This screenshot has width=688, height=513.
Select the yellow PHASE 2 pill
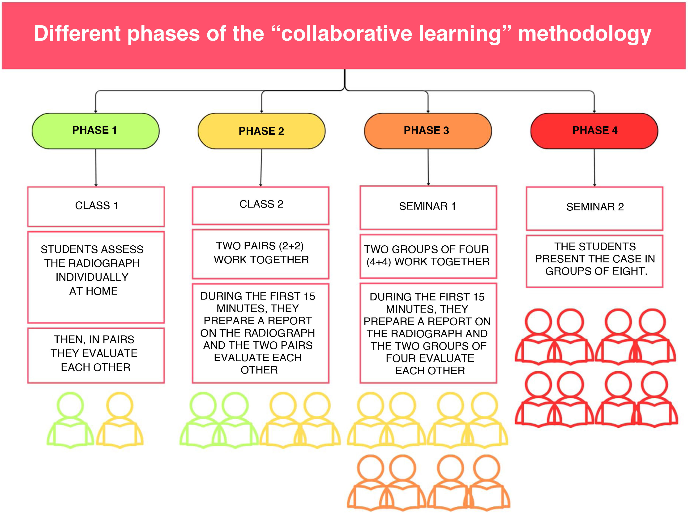point(261,131)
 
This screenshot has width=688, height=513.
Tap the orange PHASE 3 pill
point(427,131)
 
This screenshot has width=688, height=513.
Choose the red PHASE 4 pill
point(594,131)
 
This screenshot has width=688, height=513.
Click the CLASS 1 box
point(96,206)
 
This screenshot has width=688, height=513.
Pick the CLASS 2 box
point(261,205)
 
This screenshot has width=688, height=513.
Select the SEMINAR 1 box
point(428,207)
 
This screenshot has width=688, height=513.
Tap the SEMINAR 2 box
point(594,208)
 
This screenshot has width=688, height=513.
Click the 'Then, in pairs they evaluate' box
point(96,355)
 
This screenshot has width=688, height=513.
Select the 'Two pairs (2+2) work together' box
point(261,254)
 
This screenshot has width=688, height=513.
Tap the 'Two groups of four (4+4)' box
point(428,256)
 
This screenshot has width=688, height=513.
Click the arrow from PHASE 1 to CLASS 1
point(96,168)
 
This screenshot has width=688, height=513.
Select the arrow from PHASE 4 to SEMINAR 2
point(594,168)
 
